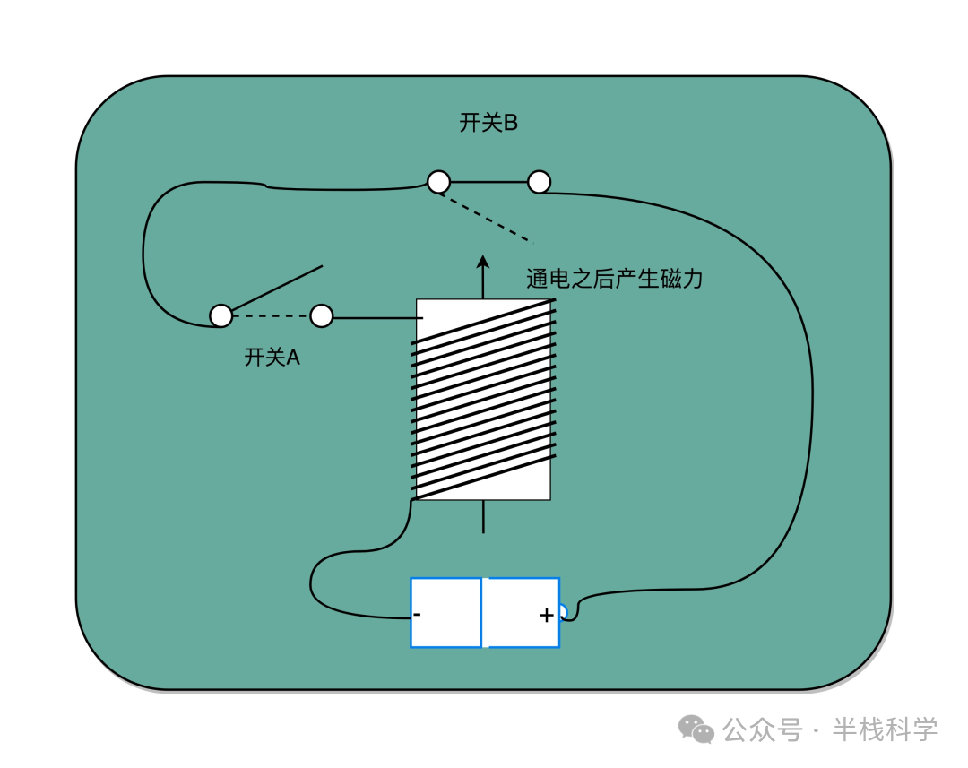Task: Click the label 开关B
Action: coord(488,124)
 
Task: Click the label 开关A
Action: coord(272,358)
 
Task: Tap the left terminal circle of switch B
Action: coord(438,182)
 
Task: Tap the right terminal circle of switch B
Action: coord(539,182)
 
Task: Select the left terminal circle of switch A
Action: coord(220,315)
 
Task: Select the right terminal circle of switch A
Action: coord(321,315)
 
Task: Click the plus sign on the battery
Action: coord(546,616)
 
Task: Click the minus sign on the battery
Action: coord(418,616)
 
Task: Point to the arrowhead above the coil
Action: coord(483,262)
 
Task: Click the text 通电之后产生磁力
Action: coord(615,280)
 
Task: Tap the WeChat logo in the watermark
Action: coord(696,729)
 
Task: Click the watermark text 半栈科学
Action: coord(885,729)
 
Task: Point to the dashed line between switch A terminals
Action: coord(271,316)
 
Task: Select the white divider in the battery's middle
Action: coord(485,612)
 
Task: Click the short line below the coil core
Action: coord(483,517)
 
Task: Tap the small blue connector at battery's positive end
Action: coord(563,612)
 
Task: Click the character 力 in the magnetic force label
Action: coord(692,280)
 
